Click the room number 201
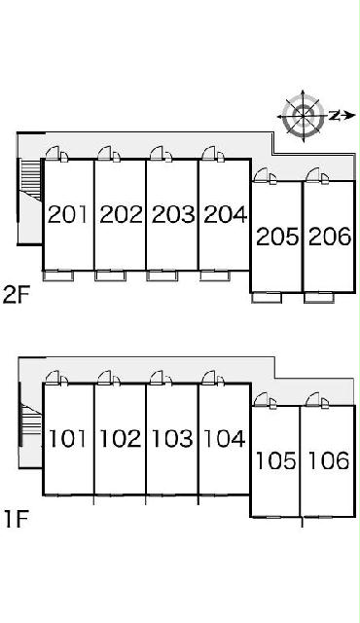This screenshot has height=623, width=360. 67,214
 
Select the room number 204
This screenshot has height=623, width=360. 225,214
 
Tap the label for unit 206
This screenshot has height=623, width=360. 330,237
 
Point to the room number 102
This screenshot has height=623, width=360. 120,439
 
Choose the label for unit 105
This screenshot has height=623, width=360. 275,460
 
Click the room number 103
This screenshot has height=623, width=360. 172,439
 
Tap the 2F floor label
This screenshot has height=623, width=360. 15,295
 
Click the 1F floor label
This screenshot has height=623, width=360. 16,519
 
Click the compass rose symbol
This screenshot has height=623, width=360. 304,116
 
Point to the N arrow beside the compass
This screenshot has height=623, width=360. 342,116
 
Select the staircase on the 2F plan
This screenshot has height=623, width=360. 30,181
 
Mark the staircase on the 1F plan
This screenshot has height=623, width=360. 31,420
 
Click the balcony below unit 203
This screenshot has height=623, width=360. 162,275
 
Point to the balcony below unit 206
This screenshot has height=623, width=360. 319,298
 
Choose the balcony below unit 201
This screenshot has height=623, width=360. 58,275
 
